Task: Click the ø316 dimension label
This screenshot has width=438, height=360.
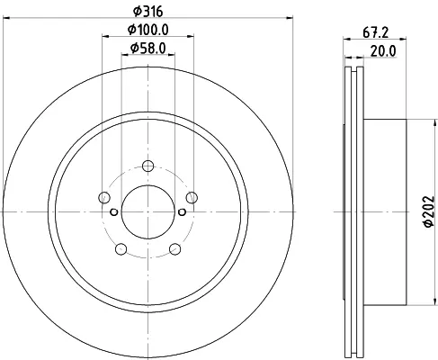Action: (x=147, y=12)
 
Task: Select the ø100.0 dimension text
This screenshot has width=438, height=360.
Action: (x=148, y=30)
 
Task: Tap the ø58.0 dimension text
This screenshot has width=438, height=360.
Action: (x=148, y=48)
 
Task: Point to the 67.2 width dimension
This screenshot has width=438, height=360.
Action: (x=376, y=32)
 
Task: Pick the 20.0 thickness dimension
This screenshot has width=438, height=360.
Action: (x=383, y=51)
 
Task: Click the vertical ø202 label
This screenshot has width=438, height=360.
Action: (x=429, y=211)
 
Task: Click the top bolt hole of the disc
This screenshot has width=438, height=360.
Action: (x=147, y=166)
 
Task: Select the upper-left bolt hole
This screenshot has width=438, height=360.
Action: (x=104, y=197)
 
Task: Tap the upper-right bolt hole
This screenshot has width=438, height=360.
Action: (x=192, y=197)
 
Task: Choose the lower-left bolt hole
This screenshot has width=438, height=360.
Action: (x=121, y=249)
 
